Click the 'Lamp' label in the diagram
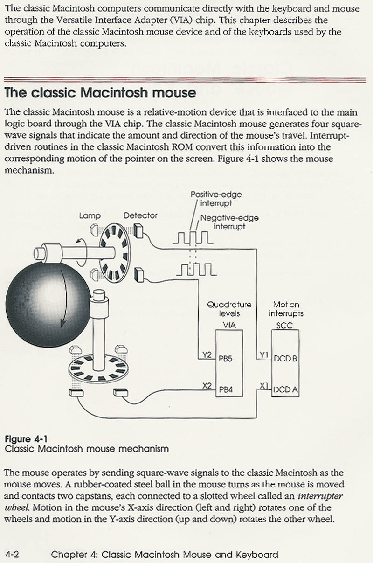pos(90,216)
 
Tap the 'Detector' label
pos(140,215)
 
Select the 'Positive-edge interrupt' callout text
pos(216,199)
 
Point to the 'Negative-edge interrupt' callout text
pos(229,222)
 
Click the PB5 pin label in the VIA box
pos(225,360)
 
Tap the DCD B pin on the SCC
pos(285,359)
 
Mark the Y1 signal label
pos(264,355)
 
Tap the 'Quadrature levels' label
pos(229,309)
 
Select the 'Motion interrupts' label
pos(286,309)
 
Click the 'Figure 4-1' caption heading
pos(26,438)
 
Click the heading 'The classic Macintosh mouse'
pos(100,92)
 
